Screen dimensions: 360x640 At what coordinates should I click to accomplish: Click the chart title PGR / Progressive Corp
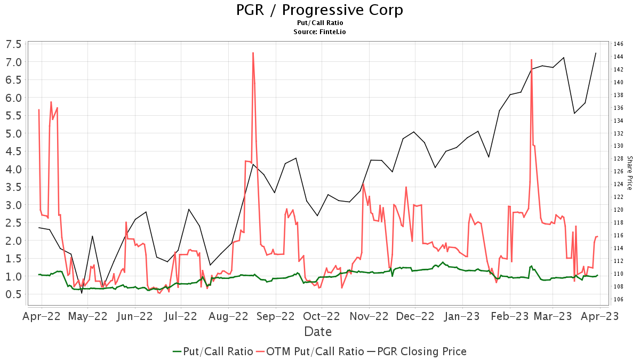[319, 10]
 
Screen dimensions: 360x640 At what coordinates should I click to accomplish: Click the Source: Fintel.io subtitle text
[319, 32]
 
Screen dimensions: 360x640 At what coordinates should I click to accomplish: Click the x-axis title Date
[318, 332]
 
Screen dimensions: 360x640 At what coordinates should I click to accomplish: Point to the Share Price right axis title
[629, 173]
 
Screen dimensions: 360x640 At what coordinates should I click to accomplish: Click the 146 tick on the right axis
[618, 44]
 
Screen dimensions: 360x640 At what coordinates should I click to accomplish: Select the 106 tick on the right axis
[618, 299]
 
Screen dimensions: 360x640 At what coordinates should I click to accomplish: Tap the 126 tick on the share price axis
[618, 171]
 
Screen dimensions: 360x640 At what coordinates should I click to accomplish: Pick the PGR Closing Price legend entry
[417, 351]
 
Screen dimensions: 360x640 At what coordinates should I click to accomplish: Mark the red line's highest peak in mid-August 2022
[253, 53]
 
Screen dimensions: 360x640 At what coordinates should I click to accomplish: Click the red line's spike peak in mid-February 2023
[531, 60]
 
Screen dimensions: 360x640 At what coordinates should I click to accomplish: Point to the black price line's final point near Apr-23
[596, 53]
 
